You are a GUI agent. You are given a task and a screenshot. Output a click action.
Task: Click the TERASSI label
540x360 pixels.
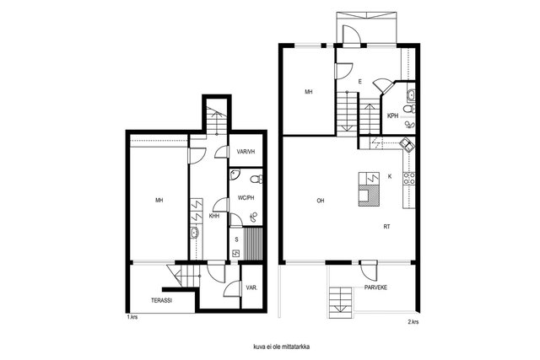tap(161, 300)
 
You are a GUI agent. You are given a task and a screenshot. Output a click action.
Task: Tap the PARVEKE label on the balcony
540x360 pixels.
tap(375, 287)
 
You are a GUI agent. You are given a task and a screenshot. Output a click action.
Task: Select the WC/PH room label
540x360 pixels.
tap(246, 198)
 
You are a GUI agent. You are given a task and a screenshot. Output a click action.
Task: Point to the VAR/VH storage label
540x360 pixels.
tap(246, 152)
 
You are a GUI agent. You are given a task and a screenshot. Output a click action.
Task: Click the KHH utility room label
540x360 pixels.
tap(214, 216)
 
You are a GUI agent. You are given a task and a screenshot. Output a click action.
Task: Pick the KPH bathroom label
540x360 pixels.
tap(392, 116)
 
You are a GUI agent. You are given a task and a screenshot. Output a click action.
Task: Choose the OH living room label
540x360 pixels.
tap(321, 201)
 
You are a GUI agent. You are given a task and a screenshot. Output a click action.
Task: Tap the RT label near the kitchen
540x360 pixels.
tap(386, 227)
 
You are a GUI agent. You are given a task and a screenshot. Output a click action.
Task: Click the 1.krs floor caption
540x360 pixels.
tap(132, 317)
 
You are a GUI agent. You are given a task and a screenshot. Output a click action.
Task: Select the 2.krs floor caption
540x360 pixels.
tap(413, 322)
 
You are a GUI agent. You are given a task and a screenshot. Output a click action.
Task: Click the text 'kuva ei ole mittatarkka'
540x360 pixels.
tap(281, 347)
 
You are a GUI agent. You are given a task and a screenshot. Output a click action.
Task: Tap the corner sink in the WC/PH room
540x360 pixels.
tap(235, 175)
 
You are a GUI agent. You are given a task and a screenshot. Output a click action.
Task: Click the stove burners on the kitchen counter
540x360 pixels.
tap(408, 178)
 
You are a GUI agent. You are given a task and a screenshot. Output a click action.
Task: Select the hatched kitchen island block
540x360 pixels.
tap(370, 196)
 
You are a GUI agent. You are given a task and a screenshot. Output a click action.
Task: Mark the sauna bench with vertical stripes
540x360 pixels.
tap(253, 244)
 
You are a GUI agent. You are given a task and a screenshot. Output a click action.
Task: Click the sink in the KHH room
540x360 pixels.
tap(195, 233)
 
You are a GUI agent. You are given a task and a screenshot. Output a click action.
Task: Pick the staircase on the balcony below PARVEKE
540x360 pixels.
tap(341, 302)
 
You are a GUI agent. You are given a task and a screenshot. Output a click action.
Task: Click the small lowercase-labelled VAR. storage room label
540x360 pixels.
tap(251, 287)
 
